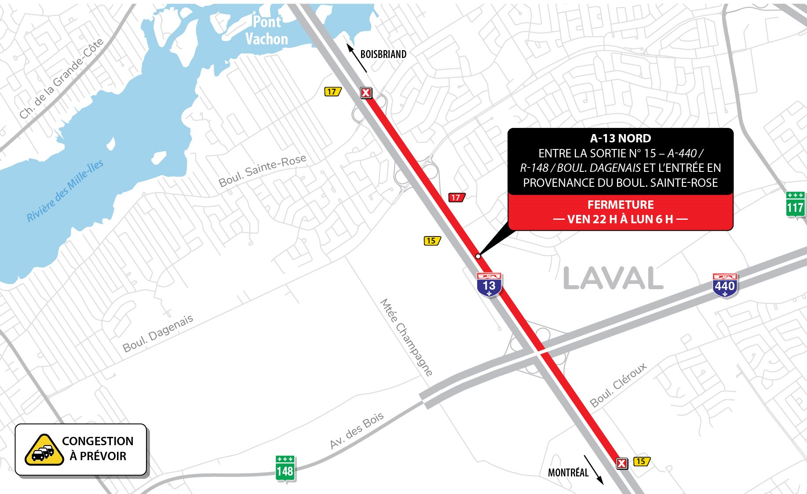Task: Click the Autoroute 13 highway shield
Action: [489, 285]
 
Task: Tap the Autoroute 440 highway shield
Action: [724, 285]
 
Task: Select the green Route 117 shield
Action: [795, 204]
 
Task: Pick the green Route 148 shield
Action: [285, 469]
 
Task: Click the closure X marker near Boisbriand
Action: [366, 93]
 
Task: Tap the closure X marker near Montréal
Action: [622, 463]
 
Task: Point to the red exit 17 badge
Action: [456, 198]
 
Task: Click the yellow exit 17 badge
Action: [332, 92]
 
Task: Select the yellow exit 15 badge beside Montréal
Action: [642, 461]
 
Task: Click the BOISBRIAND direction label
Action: [383, 54]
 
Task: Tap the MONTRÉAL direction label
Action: [568, 473]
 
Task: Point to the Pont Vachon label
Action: [267, 30]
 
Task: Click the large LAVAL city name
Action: [613, 279]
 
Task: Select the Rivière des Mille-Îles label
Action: [65, 191]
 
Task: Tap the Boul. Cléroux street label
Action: [618, 385]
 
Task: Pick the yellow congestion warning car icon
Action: [44, 450]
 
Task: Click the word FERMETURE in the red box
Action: [621, 205]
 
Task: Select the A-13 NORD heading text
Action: [621, 138]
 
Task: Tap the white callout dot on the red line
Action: [478, 256]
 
